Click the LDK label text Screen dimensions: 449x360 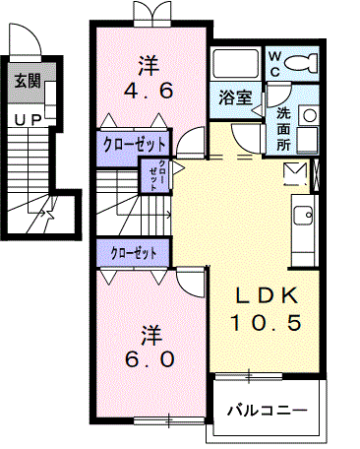coord(263,295)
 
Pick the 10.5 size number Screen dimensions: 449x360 coord(263,322)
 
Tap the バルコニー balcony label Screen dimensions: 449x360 coord(267,410)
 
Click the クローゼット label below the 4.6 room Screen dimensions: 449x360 coord(136,144)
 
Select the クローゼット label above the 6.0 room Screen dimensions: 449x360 coord(136,253)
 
